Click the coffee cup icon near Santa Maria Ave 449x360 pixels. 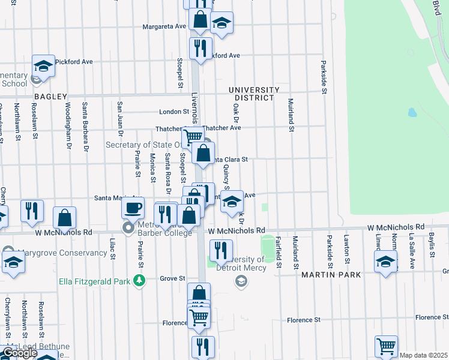click(x=133, y=208)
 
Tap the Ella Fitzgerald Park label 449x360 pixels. click(x=95, y=281)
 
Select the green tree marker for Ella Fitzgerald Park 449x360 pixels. click(x=139, y=280)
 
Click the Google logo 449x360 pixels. click(x=19, y=353)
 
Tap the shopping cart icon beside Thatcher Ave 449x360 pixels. click(x=193, y=136)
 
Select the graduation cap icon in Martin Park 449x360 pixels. click(x=385, y=262)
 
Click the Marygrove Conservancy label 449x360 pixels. click(x=58, y=253)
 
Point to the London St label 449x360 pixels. click(x=174, y=112)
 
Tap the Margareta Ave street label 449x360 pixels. click(x=164, y=26)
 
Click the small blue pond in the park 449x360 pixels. click(x=412, y=112)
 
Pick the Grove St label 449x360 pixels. click(x=172, y=278)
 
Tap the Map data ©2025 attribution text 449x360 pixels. click(x=423, y=355)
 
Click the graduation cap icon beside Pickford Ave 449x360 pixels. click(x=43, y=65)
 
